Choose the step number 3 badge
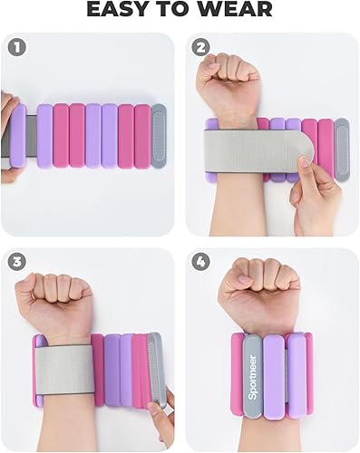coord(15,261)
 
